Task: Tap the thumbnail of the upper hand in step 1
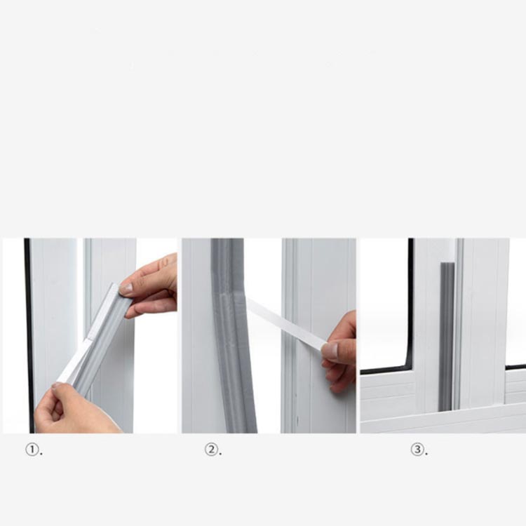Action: [x=126, y=288]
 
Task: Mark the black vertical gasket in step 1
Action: [x=29, y=335]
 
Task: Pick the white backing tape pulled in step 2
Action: [x=287, y=323]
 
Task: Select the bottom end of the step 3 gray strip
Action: [x=446, y=410]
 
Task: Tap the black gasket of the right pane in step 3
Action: [x=515, y=367]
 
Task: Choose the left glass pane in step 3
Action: [x=384, y=302]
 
